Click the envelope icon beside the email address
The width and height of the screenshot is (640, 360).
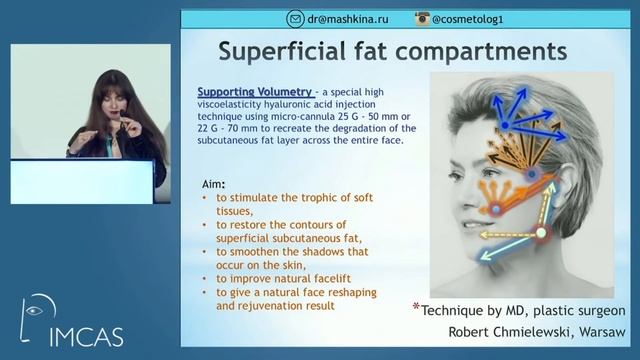[295, 19]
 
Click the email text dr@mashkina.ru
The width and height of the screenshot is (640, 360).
[346, 19]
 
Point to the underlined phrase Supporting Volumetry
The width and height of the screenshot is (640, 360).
[253, 91]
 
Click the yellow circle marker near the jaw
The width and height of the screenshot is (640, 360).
[542, 234]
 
